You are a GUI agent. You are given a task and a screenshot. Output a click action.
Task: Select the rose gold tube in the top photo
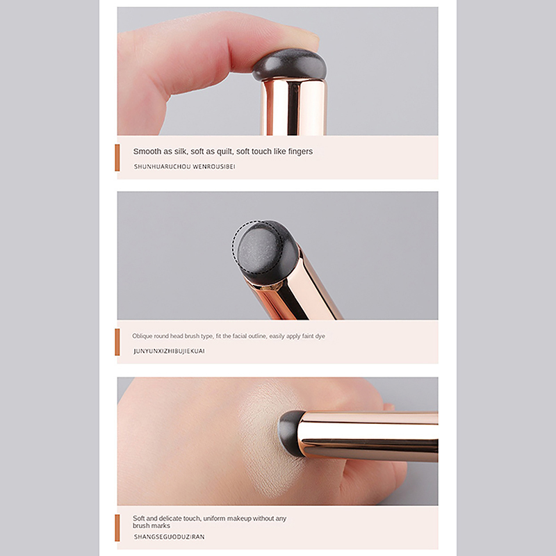pyautogui.click(x=293, y=107)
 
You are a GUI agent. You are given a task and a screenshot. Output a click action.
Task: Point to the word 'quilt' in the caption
pyautogui.click(x=224, y=152)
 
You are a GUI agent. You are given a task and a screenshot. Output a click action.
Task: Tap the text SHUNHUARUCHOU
pyautogui.click(x=162, y=167)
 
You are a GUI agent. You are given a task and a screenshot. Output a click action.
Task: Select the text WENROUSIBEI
pyautogui.click(x=214, y=167)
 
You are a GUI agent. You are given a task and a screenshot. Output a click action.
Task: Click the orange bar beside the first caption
pyautogui.click(x=117, y=158)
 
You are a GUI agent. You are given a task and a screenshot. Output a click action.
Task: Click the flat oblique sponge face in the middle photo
pyautogui.click(x=259, y=247)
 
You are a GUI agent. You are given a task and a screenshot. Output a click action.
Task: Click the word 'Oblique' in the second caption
pyautogui.click(x=142, y=336)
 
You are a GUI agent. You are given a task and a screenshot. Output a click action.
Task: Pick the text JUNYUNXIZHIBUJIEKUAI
pyautogui.click(x=169, y=351)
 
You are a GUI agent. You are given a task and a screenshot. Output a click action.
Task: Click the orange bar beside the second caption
pyautogui.click(x=117, y=342)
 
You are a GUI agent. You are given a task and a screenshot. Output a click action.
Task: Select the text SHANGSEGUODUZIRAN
pyautogui.click(x=169, y=537)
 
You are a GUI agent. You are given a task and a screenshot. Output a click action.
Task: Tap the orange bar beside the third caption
pyautogui.click(x=117, y=528)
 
